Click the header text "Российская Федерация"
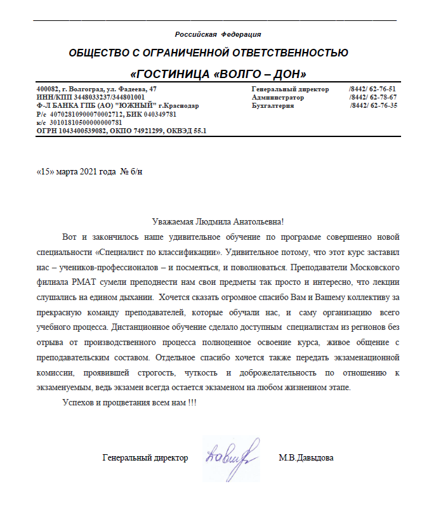(218, 34)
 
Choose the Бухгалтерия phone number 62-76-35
(381, 106)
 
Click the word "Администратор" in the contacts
(278, 98)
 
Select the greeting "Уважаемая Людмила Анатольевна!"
(218, 222)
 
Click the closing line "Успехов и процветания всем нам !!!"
(129, 404)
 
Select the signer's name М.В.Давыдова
(306, 457)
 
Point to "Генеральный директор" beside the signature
(145, 457)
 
